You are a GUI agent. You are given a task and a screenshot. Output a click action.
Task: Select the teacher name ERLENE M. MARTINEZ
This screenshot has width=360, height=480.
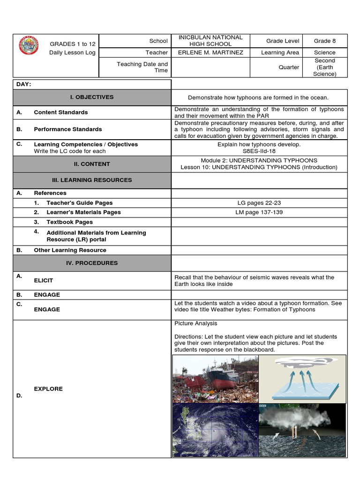pyautogui.click(x=210, y=52)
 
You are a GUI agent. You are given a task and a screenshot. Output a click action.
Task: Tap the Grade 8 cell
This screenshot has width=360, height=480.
pyautogui.click(x=324, y=41)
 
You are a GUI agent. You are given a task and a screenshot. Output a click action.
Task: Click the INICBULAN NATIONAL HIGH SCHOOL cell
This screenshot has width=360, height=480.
pyautogui.click(x=210, y=40)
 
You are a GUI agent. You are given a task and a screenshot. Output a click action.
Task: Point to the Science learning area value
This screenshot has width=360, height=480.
pyautogui.click(x=324, y=52)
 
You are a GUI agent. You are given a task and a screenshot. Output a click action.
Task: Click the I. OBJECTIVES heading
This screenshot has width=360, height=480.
pyautogui.click(x=92, y=97)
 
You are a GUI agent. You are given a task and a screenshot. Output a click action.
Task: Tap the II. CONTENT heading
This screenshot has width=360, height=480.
pyautogui.click(x=92, y=164)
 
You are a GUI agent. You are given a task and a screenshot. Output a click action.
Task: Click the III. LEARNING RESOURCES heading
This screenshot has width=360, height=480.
pyautogui.click(x=92, y=180)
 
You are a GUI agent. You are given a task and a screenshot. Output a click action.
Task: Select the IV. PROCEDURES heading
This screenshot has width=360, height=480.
pyautogui.click(x=92, y=263)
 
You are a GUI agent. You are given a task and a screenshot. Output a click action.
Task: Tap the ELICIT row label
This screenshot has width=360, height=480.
pyautogui.click(x=43, y=280)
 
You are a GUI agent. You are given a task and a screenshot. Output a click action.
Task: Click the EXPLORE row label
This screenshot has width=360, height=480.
pyautogui.click(x=48, y=389)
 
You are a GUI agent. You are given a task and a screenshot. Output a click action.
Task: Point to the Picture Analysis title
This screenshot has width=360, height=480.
pyautogui.click(x=195, y=323)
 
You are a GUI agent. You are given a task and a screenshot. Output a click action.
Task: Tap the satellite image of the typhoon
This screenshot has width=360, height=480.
pyautogui.click(x=215, y=430)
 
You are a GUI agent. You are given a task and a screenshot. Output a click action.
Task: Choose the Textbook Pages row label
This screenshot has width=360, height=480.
pyautogui.click(x=69, y=222)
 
